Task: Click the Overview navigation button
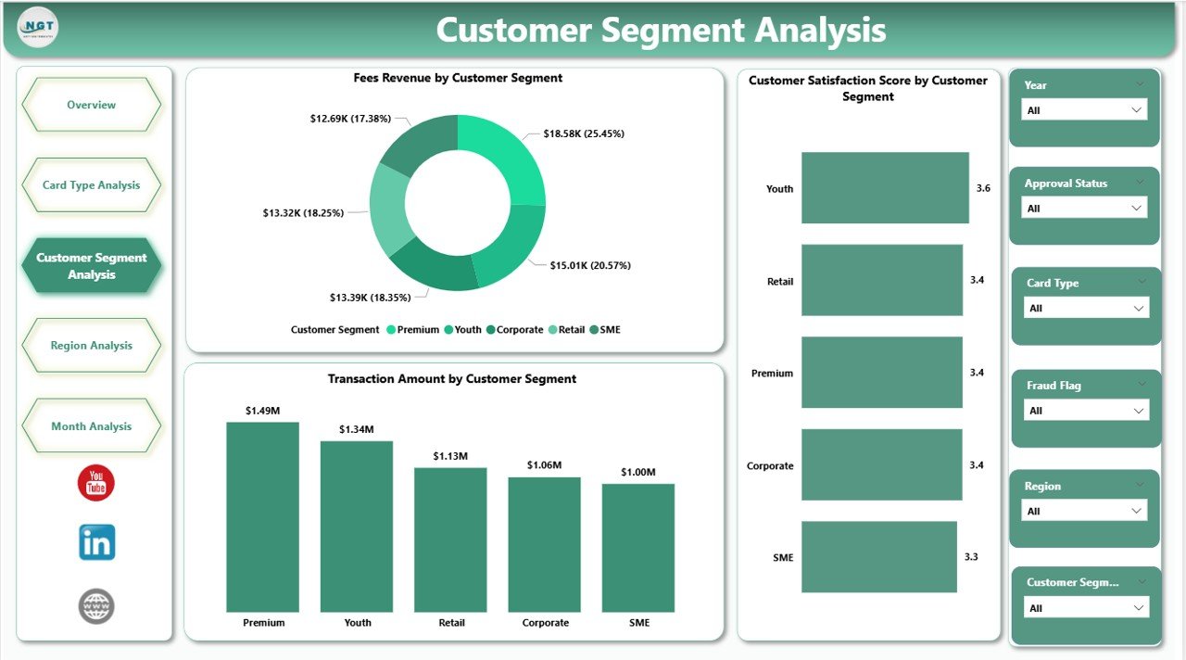[91, 105]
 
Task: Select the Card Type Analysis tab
[91, 184]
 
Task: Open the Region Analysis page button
[91, 346]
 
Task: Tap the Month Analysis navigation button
[91, 426]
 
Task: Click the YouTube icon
[96, 483]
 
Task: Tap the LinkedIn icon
[96, 542]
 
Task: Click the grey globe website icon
[96, 605]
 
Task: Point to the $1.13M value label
[451, 456]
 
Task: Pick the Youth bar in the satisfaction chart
[885, 188]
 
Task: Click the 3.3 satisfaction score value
[970, 556]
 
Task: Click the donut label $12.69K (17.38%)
[350, 119]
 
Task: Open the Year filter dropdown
[1084, 109]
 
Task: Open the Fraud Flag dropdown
[1086, 410]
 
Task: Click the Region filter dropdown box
[1084, 511]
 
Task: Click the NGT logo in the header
[38, 28]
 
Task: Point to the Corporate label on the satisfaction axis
[770, 465]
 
